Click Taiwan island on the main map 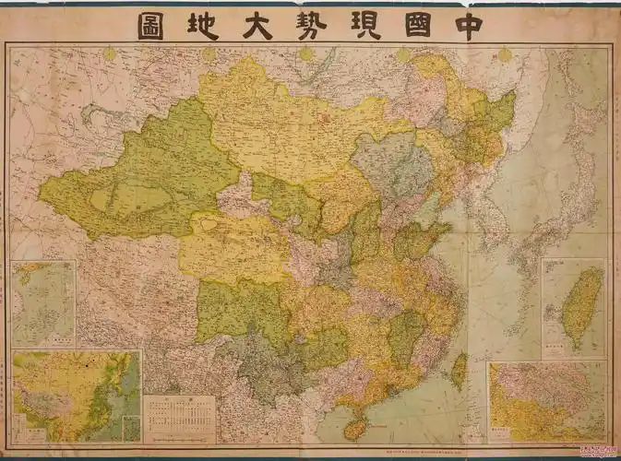click(x=459, y=370)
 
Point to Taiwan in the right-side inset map click(x=582, y=304)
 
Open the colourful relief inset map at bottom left click(x=76, y=396)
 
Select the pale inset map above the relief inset click(x=43, y=303)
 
